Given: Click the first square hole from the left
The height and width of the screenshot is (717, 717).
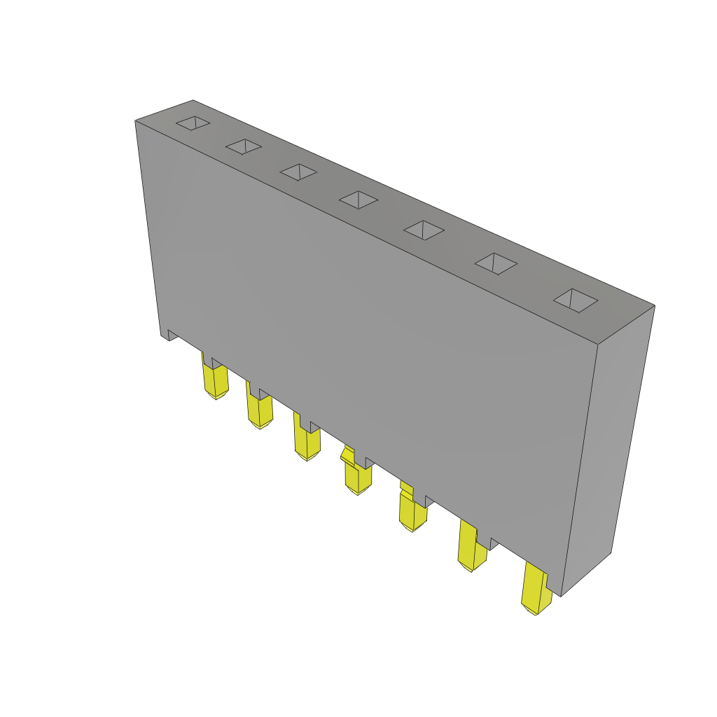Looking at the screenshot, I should pos(193,123).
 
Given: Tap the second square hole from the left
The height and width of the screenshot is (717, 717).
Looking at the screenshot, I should pos(244,146).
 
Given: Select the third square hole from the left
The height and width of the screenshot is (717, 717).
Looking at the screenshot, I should pos(298,172).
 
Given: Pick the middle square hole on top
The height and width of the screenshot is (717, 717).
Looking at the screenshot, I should pos(358,200).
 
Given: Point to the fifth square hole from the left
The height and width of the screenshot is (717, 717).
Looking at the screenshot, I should pos(424,230).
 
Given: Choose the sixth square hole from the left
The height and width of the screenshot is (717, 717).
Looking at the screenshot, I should pos(496,263).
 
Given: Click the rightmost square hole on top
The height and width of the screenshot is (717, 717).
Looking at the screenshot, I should pos(576,300).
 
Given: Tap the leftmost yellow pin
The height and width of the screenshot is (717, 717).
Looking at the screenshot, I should pos(216,381).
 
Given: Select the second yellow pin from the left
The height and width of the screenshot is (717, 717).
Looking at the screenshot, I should pos(260,410).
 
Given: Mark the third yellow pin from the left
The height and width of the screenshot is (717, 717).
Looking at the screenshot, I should pos(307,442).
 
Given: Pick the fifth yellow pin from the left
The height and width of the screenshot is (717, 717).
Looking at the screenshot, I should pos(412,513).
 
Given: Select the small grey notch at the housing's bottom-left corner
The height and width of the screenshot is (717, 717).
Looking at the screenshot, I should pos(169,335).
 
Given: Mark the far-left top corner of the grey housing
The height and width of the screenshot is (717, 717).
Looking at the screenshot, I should pos(136,121).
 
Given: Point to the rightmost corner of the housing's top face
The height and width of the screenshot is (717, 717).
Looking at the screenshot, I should pos(654,306).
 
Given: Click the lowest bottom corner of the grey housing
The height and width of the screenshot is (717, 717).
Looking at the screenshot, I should pos(561,596).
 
